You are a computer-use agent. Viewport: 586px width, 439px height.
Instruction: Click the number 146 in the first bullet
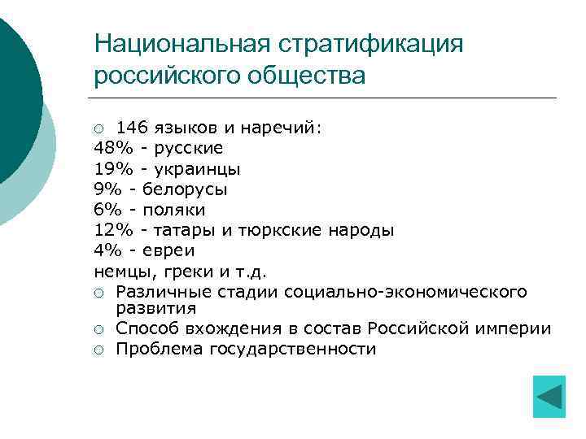click(132, 128)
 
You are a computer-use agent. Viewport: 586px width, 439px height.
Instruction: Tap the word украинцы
click(199, 169)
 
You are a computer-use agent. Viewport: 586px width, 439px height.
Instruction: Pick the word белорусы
click(186, 189)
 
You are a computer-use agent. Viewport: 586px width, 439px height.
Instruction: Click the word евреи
click(168, 250)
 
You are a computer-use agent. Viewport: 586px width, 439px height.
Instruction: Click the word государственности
click(293, 350)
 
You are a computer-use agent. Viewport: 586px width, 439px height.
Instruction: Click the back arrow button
click(549, 397)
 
